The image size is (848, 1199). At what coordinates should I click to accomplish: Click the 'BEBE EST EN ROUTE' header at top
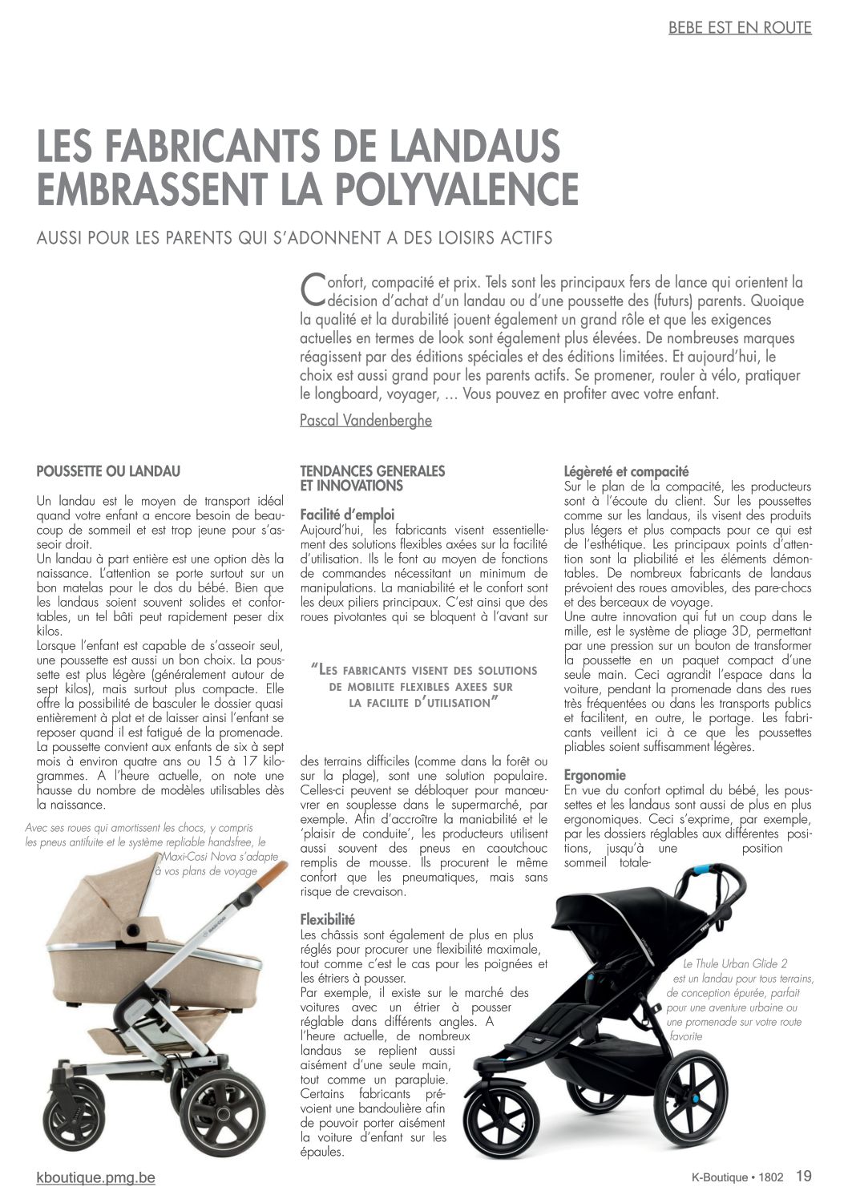pos(740,28)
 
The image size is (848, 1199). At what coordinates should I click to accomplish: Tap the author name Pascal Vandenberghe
pos(365,420)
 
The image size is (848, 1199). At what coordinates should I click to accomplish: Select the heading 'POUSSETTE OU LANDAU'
pos(108,471)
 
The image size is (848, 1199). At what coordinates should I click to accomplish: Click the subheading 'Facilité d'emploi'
pos(347,515)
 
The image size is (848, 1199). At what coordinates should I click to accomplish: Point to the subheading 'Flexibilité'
pos(327,919)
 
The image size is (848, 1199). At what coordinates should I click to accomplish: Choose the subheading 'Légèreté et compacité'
pos(626,471)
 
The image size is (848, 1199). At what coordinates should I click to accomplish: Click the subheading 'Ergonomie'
pos(595,775)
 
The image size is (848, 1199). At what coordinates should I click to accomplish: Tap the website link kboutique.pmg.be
pos(96,1177)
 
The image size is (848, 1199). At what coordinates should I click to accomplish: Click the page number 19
pos(803,1177)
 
